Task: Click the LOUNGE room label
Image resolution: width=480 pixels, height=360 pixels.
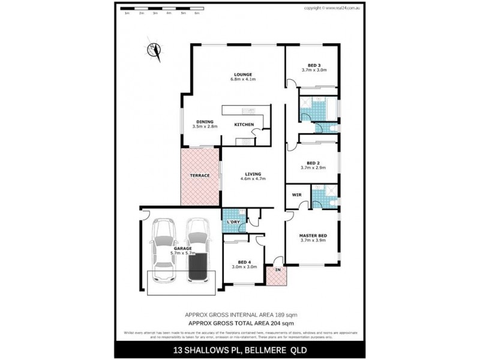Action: tap(244, 74)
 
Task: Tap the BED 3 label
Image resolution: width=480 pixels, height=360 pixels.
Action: tap(314, 65)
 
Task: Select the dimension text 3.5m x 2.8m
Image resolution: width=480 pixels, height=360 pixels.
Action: tap(204, 127)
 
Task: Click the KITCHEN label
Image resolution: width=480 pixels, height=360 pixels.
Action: tap(244, 125)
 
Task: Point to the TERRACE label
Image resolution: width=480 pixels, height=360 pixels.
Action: tap(200, 175)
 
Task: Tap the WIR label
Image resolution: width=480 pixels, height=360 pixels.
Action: tap(296, 195)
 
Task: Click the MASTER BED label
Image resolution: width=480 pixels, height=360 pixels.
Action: tap(313, 235)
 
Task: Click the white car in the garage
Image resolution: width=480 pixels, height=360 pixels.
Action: tap(163, 250)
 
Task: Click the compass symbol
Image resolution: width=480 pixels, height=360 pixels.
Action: tap(154, 50)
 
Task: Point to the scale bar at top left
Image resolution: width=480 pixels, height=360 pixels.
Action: tap(161, 10)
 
